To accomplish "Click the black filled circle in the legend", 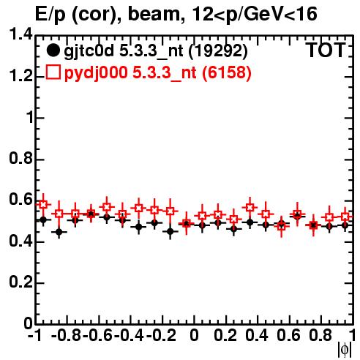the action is tap(53, 50).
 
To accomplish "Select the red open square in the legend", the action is tap(53, 72).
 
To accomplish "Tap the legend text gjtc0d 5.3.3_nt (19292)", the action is tap(156, 52).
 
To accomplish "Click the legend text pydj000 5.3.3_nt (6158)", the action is tap(157, 73).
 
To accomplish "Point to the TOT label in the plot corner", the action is tap(326, 50).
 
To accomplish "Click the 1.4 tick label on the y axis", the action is tap(20, 34).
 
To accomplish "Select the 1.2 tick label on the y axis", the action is tap(20, 76).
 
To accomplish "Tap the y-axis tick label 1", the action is tap(29, 118).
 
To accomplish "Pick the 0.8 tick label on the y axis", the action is tap(20, 159).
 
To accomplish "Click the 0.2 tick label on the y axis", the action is tap(20, 282).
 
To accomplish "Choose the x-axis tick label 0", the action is tap(194, 335).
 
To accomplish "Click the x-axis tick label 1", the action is tap(352, 335).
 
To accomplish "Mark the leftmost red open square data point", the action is tap(43, 204).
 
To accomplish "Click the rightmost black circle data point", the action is tap(345, 225).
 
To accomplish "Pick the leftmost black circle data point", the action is tap(43, 220).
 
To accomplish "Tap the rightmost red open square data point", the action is tap(345, 216).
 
